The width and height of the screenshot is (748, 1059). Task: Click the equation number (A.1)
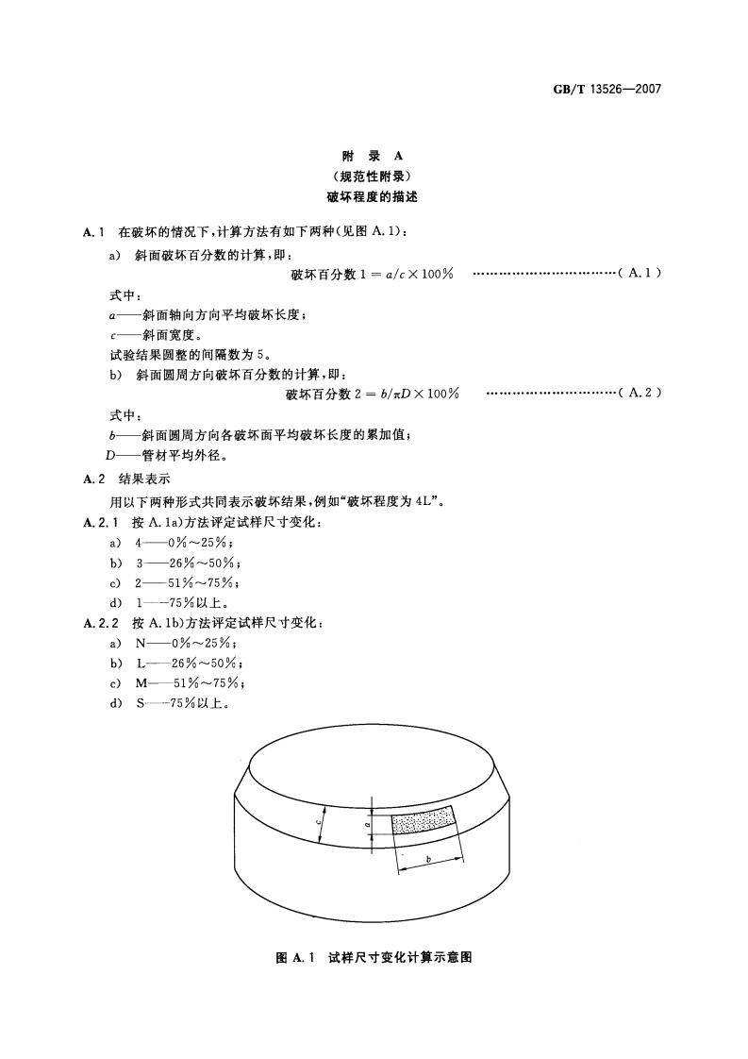tap(640, 273)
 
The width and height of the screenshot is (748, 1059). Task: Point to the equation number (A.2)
tap(640, 394)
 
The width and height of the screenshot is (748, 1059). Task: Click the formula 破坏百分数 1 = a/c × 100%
tap(373, 274)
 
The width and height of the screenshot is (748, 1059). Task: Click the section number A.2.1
tap(99, 522)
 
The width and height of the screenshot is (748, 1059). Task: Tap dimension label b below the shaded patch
tap(428, 858)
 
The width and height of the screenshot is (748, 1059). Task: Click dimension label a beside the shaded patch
tap(366, 824)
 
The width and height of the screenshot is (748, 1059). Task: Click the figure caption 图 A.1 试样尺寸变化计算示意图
tap(373, 957)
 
